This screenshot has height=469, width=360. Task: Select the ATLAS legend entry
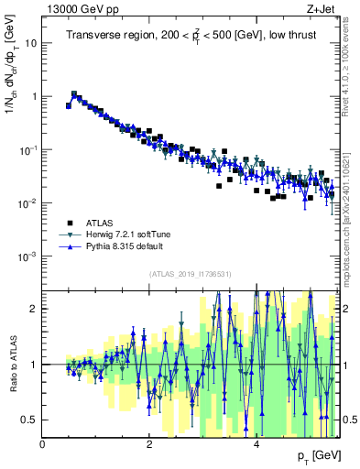(100, 223)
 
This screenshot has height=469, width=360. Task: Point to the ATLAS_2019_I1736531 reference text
(191, 274)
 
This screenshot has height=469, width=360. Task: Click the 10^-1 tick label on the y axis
(28, 149)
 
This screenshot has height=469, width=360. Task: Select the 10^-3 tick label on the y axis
(28, 256)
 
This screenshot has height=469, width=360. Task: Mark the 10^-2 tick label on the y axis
(28, 203)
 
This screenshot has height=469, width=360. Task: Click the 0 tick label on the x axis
(43, 443)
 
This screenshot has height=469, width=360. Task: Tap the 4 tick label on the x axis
(256, 443)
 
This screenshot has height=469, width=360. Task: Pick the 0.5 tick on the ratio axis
(29, 420)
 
